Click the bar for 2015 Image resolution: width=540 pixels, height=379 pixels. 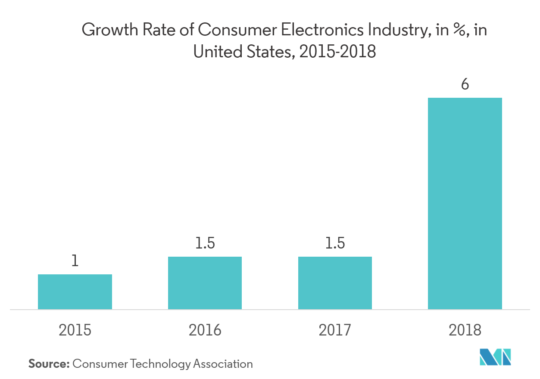[x=75, y=292]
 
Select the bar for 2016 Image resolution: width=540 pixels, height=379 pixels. [x=205, y=283]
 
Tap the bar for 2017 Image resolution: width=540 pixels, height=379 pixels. [x=335, y=283]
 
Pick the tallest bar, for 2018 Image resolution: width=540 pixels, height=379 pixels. [x=465, y=203]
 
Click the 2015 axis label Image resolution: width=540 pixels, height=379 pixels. [x=75, y=330]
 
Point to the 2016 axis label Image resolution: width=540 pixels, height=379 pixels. [x=205, y=330]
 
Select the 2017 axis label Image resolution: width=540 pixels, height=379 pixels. [x=335, y=330]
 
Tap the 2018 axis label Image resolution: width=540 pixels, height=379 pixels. [x=465, y=330]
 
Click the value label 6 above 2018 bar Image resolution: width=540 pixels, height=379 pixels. [x=465, y=84]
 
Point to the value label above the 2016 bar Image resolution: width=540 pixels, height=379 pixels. [x=205, y=244]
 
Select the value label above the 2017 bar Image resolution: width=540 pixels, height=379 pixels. [x=335, y=244]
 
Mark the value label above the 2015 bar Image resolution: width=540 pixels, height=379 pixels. [x=75, y=264]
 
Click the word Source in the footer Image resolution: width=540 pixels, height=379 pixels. [x=49, y=363]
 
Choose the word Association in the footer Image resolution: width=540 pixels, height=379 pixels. [x=223, y=363]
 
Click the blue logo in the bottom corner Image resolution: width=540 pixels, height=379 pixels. [x=495, y=357]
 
